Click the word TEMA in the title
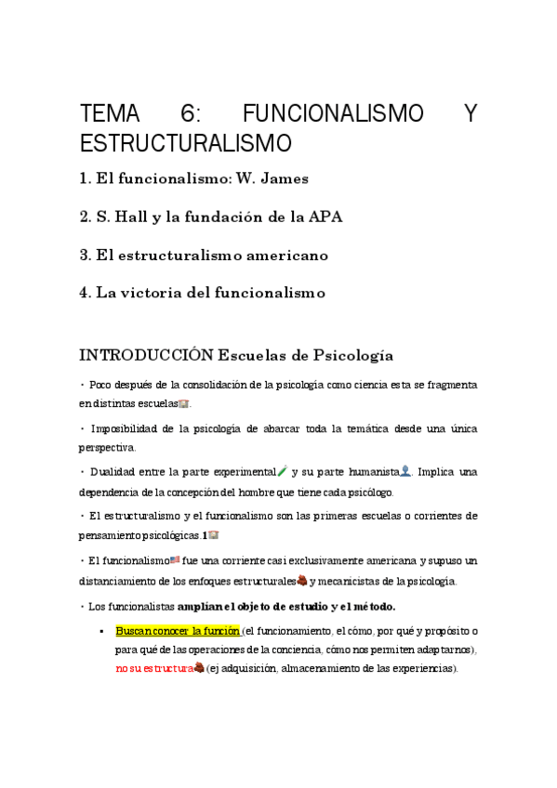110,114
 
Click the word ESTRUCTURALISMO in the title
185,144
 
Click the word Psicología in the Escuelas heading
349,355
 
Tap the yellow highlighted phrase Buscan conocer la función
177,630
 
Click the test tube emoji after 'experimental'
283,471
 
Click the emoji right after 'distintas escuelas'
183,404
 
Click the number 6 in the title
190,114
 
